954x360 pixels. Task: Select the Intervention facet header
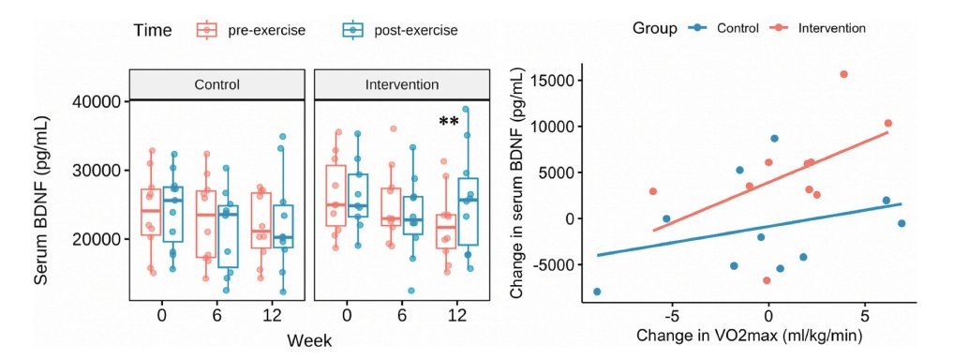click(401, 84)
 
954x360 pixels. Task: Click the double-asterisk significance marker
click(448, 122)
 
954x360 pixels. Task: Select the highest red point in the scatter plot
click(843, 74)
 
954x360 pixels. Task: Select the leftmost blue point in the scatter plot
click(597, 292)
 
